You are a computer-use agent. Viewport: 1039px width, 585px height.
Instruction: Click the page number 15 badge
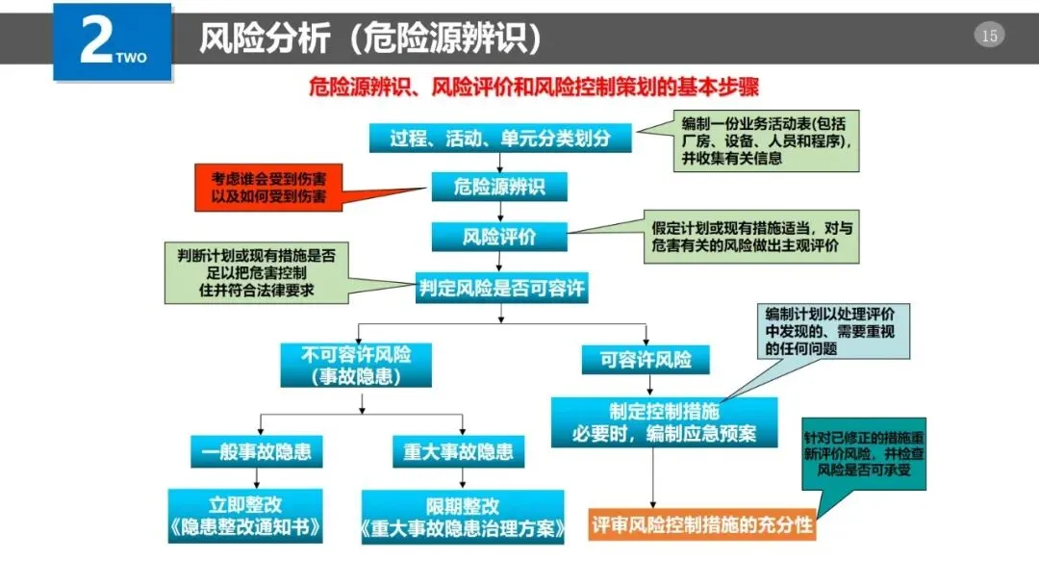coord(989,37)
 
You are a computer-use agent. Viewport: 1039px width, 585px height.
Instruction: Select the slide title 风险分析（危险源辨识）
coord(369,38)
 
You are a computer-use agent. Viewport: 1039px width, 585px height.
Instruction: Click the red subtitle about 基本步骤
coord(534,88)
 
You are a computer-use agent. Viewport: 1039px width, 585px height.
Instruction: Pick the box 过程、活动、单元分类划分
coord(500,138)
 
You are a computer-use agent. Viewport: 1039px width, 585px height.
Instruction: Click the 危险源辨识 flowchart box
coord(499,186)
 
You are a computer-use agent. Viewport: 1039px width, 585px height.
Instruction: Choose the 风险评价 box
coord(499,236)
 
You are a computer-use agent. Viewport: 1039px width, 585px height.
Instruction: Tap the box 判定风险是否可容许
coord(501,288)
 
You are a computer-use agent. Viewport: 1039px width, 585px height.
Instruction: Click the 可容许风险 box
coord(646,360)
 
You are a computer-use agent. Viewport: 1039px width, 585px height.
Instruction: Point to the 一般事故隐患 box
coord(256,451)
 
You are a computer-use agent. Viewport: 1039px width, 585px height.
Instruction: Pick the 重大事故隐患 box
coord(458,451)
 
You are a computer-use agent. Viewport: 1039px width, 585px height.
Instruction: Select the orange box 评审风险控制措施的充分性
coord(702,524)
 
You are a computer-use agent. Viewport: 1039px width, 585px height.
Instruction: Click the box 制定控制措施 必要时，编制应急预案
coord(650,421)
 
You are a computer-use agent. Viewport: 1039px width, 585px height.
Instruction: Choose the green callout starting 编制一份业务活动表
coord(766,141)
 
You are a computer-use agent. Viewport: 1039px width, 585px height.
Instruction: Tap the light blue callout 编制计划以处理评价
coord(832,331)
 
